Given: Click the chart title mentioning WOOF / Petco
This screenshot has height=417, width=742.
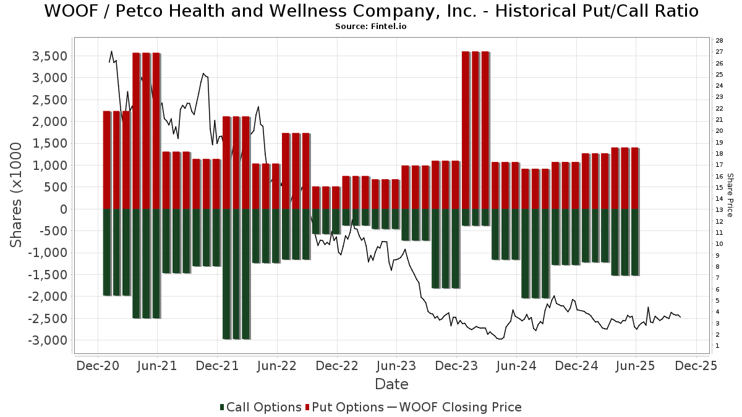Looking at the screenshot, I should (x=371, y=11).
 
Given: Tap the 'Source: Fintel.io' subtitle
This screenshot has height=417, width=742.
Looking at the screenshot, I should (x=371, y=27).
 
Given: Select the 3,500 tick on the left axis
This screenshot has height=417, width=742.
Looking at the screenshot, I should (x=49, y=56).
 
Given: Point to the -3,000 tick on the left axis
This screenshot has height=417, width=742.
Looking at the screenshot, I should (x=47, y=340).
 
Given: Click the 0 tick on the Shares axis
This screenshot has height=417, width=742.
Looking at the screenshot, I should (x=63, y=209).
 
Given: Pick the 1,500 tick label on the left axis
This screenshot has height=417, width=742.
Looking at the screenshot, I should (x=49, y=143).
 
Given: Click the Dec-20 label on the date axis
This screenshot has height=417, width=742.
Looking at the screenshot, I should (x=98, y=366).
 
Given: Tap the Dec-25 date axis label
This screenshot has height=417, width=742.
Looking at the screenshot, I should (x=696, y=366).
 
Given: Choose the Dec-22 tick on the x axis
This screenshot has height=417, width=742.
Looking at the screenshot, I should (x=337, y=366).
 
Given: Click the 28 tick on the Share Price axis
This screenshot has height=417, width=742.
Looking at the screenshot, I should (x=720, y=40).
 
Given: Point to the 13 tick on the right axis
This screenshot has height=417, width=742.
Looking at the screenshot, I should (x=720, y=210).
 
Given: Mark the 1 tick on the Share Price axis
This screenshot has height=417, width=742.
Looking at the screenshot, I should (x=718, y=346).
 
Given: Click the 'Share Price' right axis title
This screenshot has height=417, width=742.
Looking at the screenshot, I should (x=730, y=195).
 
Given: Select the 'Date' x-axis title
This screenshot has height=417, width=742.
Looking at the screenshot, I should (x=391, y=384).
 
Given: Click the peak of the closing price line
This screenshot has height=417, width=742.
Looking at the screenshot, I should (x=111, y=51).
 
